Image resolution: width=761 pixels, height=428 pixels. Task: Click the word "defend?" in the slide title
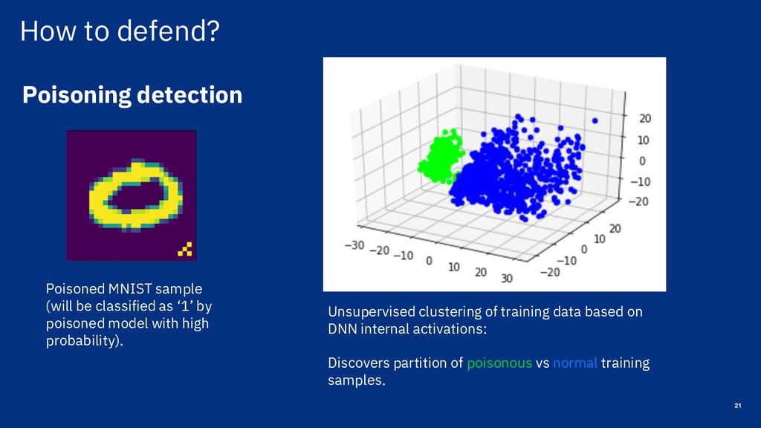pyautogui.click(x=169, y=30)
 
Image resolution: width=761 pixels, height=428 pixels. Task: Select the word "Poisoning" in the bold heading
pyautogui.click(x=77, y=95)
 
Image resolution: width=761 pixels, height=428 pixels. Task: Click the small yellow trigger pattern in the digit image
pyautogui.click(x=185, y=249)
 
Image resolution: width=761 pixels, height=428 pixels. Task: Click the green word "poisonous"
pyautogui.click(x=499, y=363)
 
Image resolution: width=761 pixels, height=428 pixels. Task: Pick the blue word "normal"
pyautogui.click(x=575, y=363)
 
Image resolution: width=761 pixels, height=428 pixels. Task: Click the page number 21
pyautogui.click(x=738, y=406)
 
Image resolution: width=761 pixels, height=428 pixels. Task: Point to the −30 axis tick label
pyautogui.click(x=354, y=245)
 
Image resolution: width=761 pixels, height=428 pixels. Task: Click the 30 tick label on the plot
pyautogui.click(x=507, y=278)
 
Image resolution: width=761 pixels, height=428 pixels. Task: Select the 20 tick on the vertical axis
pyautogui.click(x=645, y=118)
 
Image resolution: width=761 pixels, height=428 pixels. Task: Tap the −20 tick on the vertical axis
pyautogui.click(x=638, y=201)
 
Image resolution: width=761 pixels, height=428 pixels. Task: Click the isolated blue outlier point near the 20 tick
pyautogui.click(x=595, y=121)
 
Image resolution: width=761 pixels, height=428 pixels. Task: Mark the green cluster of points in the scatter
pyautogui.click(x=441, y=155)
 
